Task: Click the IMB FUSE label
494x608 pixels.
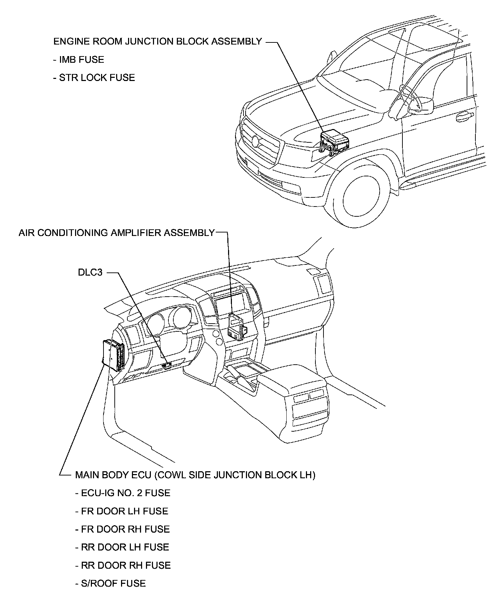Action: pyautogui.click(x=79, y=60)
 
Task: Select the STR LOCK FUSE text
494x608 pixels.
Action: pyautogui.click(x=94, y=77)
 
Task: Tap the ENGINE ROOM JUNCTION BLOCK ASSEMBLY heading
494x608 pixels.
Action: pyautogui.click(x=158, y=41)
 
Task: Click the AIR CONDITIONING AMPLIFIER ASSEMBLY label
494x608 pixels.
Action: pyautogui.click(x=116, y=233)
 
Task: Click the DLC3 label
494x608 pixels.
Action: pyautogui.click(x=90, y=272)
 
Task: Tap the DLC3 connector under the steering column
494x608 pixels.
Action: pyautogui.click(x=167, y=365)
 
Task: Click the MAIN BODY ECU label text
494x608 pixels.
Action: pyautogui.click(x=195, y=475)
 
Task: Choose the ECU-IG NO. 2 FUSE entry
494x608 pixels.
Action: pyautogui.click(x=123, y=493)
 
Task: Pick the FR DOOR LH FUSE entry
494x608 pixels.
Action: pyautogui.click(x=122, y=511)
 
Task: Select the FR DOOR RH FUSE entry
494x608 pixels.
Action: pyautogui.click(x=122, y=529)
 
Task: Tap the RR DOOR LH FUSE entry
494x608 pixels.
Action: pyautogui.click(x=122, y=547)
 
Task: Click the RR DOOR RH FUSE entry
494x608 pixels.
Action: pyautogui.click(x=123, y=565)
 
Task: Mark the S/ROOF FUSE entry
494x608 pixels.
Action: pyautogui.click(x=110, y=583)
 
